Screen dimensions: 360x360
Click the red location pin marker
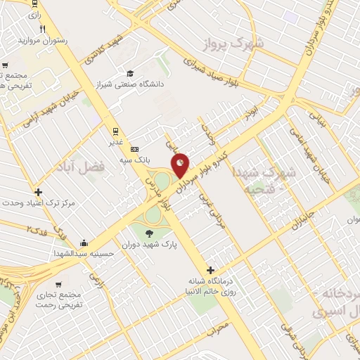coord(181,164)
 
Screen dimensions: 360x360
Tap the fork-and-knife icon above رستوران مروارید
coord(44,29)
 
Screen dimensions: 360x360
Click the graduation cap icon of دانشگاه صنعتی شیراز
coord(130,73)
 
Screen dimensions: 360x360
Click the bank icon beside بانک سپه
coord(135,149)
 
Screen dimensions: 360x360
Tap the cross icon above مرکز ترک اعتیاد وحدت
coord(37,191)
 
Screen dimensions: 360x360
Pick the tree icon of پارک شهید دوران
coord(148,233)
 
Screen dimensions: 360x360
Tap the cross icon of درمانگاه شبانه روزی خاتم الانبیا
coord(210,270)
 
